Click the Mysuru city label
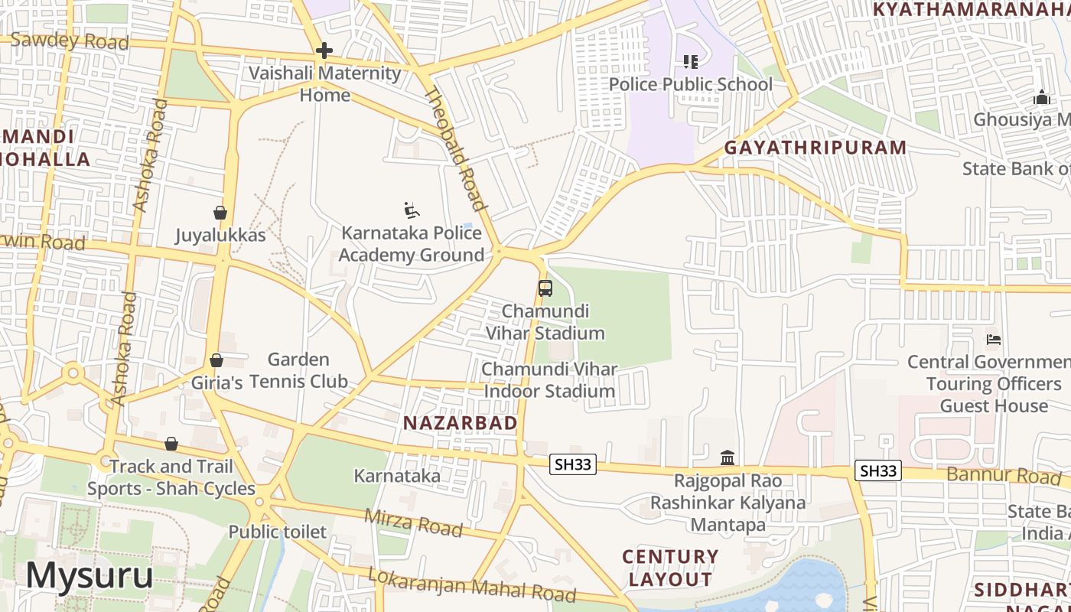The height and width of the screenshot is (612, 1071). (90, 575)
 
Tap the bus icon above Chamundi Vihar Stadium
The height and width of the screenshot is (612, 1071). (545, 288)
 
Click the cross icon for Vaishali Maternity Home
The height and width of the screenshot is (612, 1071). (324, 50)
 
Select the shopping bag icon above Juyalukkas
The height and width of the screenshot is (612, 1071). (220, 212)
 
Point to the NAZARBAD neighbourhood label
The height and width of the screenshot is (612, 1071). (460, 423)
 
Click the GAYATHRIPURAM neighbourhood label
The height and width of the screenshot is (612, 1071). (815, 148)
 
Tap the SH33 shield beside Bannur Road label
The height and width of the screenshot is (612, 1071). (877, 471)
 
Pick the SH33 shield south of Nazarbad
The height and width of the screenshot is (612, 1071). (572, 464)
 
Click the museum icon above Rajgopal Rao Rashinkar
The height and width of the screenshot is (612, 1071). (728, 458)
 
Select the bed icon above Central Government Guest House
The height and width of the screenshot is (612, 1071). (993, 339)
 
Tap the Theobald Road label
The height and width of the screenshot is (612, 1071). (455, 149)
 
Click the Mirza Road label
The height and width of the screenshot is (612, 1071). (413, 522)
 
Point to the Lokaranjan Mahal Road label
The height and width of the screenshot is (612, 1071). (471, 584)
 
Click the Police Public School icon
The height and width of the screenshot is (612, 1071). (690, 62)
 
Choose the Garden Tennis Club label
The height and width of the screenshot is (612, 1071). (298, 370)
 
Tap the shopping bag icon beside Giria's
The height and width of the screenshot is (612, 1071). (216, 360)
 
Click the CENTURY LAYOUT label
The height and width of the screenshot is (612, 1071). (670, 568)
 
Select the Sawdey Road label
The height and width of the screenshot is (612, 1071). (69, 41)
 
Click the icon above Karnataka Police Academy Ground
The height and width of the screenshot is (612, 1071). (412, 210)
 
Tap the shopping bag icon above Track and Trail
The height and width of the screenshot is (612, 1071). (171, 444)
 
